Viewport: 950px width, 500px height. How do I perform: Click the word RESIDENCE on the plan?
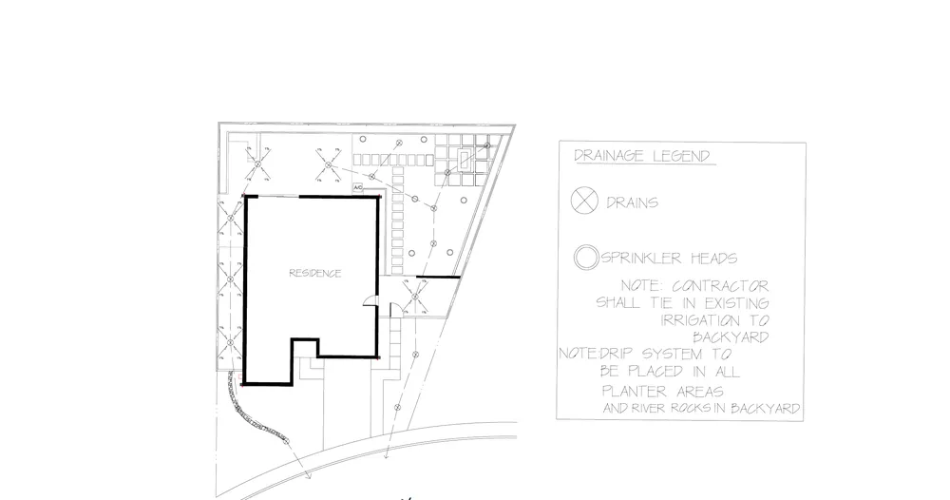point(314,273)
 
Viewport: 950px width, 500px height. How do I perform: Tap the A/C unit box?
point(358,188)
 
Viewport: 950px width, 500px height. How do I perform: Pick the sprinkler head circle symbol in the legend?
point(585,257)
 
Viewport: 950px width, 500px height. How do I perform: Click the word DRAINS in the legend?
point(632,202)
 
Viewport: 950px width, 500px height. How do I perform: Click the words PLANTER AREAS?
point(663,390)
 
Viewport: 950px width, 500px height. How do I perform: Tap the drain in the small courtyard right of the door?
point(415,302)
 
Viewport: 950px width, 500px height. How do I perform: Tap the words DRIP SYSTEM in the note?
point(634,354)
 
